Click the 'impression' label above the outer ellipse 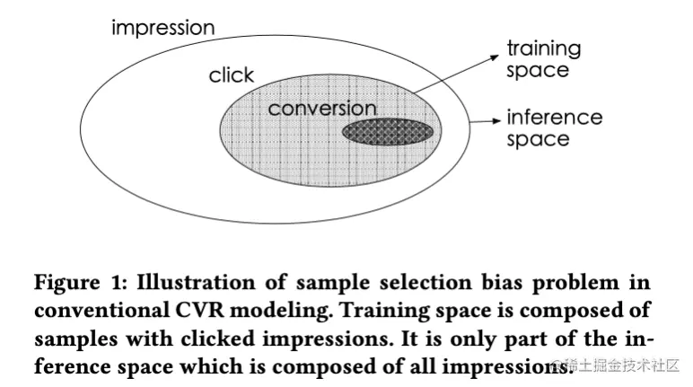tap(162, 28)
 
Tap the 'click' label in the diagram tap(232, 75)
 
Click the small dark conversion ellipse tap(388, 132)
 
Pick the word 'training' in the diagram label tap(544, 48)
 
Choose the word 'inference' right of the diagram tap(555, 118)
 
